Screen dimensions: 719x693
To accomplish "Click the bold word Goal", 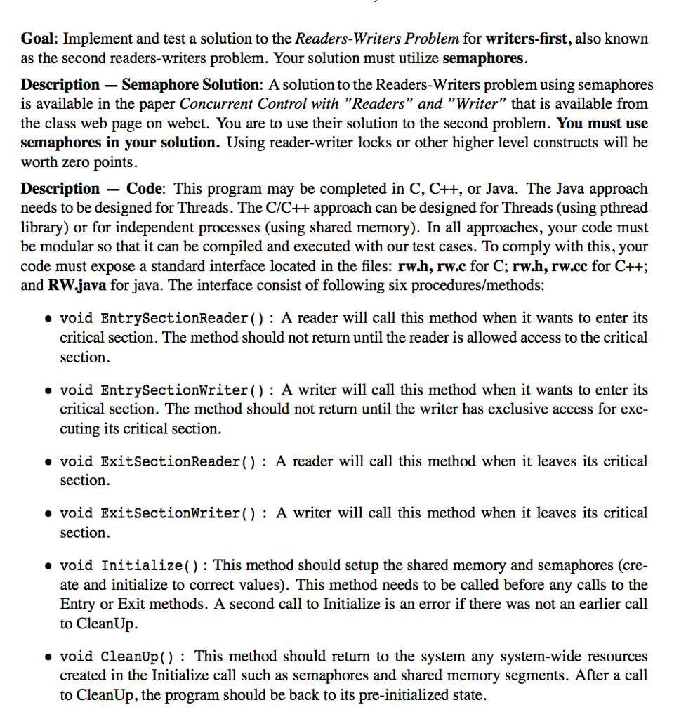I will tap(37, 38).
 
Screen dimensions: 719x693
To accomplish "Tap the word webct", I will tap(189, 124).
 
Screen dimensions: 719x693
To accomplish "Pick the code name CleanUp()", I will tap(138, 657).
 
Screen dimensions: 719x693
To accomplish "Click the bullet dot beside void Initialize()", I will tap(46, 566).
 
